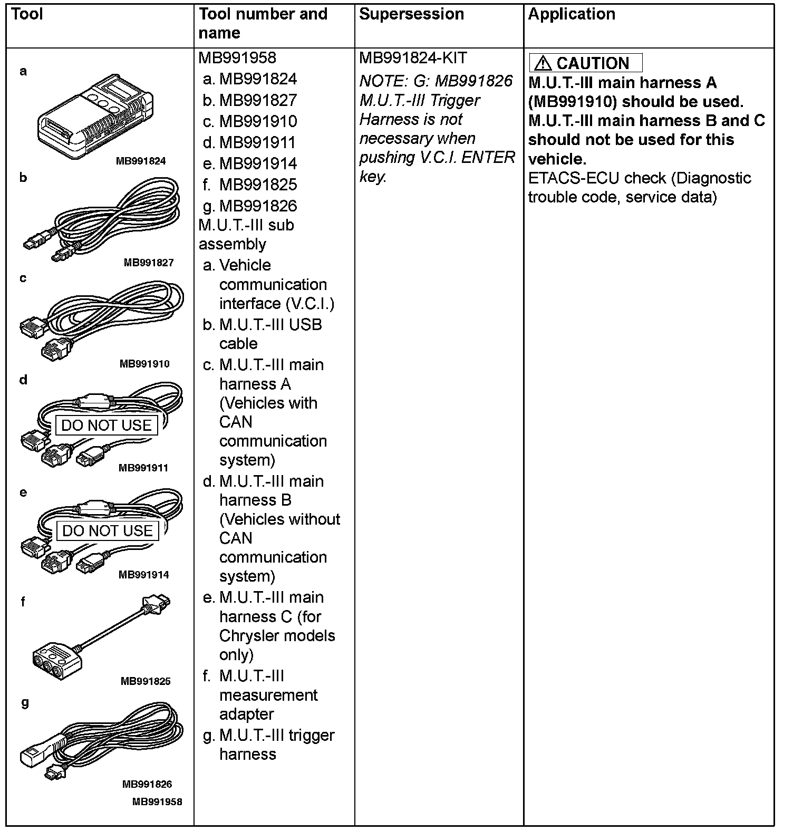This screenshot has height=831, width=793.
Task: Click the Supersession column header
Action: point(411,14)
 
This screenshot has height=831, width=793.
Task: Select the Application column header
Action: point(572,14)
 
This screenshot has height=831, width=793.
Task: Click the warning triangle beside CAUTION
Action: point(543,64)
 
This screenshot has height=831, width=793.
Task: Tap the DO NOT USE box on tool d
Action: point(107,426)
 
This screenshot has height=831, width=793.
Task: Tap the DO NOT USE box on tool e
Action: point(108,531)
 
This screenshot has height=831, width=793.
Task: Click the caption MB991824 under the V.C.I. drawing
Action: point(141,161)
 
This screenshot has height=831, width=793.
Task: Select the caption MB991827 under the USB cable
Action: point(149,263)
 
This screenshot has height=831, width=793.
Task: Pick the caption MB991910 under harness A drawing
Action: point(144,364)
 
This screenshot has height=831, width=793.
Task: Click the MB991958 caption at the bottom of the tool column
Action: point(157,802)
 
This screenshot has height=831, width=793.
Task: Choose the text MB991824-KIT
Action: point(413,58)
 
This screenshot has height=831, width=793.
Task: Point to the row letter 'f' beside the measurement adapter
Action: point(23,602)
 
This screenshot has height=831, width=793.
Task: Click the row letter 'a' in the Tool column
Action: point(23,71)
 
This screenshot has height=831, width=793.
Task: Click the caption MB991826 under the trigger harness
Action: point(147,784)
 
